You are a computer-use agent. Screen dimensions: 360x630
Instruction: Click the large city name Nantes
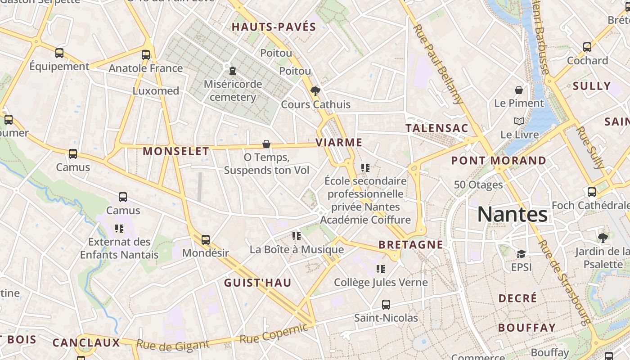pos(512,214)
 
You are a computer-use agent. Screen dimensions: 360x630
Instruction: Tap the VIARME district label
pos(339,143)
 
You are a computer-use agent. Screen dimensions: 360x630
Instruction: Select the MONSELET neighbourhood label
pos(176,151)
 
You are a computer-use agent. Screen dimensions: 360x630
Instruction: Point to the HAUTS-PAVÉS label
pos(274,27)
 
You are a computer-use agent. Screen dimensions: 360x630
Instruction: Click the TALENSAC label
pos(437,128)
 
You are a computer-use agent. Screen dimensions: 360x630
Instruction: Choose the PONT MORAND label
pos(499,161)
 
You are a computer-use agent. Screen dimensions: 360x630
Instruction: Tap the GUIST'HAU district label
pos(258,283)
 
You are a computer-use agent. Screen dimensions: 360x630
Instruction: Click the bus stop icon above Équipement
pos(59,53)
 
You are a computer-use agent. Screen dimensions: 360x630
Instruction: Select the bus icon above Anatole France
pos(146,55)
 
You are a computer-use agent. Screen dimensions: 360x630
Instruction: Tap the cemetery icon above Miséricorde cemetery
pos(233,71)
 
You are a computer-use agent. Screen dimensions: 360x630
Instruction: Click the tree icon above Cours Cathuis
pos(315,91)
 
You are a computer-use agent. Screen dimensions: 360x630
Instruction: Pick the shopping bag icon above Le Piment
pos(519,90)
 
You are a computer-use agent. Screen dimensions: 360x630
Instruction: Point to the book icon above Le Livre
pos(519,121)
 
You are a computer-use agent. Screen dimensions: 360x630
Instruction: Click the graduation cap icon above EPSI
pos(521,254)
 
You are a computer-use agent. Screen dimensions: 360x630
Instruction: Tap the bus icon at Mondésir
pos(206,240)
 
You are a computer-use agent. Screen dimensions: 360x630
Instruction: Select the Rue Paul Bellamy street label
pos(438,64)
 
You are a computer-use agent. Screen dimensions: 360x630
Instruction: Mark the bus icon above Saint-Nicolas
pos(386,305)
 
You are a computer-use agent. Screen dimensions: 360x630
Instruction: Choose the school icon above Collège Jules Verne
pos(381,269)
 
